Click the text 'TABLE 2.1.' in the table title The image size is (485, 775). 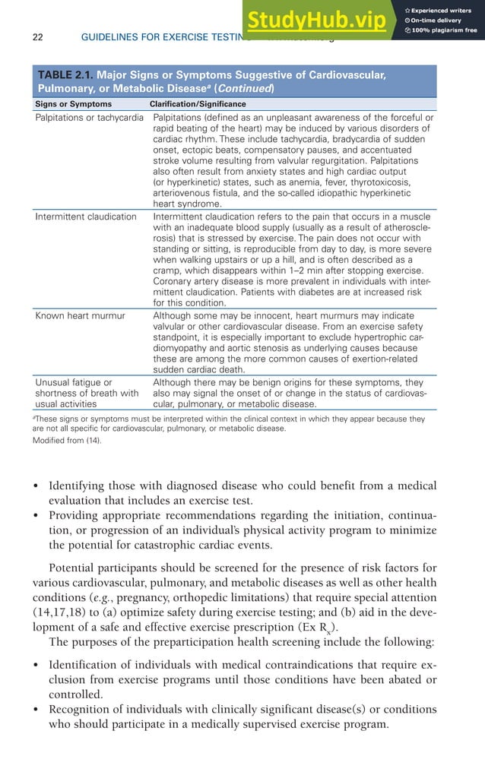pyautogui.click(x=67, y=75)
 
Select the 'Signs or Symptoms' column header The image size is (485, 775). pyautogui.click(x=74, y=104)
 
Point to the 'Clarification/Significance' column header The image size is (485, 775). pyautogui.click(x=198, y=104)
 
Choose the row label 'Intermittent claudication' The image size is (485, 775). pyautogui.click(x=85, y=217)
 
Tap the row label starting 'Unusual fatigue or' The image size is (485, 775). pyautogui.click(x=73, y=382)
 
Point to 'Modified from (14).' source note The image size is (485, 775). pyautogui.click(x=67, y=441)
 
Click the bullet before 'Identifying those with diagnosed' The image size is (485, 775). pyautogui.click(x=38, y=486)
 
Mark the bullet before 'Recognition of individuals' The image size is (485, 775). pyautogui.click(x=38, y=710)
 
